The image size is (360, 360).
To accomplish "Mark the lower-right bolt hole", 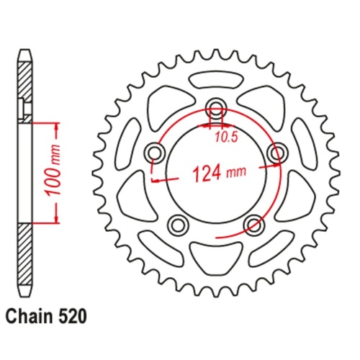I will point(253,225).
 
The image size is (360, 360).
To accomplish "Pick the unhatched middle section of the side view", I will point(26,173).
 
